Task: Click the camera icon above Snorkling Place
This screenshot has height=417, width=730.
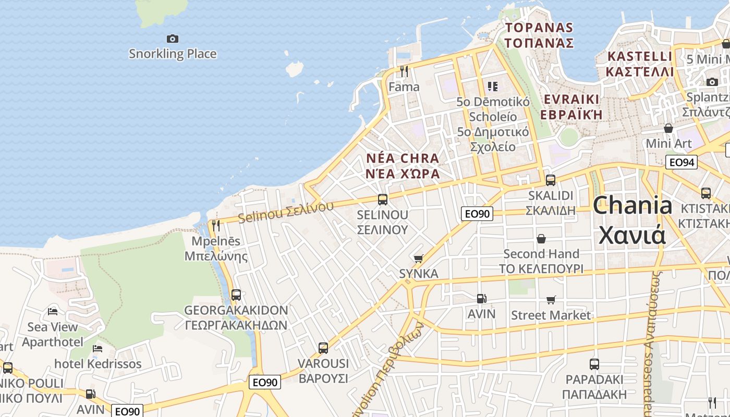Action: (x=173, y=39)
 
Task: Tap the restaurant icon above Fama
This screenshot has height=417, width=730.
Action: (x=404, y=71)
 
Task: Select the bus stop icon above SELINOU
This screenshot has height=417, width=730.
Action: (x=383, y=199)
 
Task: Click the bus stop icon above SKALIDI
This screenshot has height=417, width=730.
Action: (x=551, y=180)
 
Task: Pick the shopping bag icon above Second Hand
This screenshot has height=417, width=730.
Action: (x=541, y=239)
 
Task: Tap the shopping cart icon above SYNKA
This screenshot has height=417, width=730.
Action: (x=418, y=259)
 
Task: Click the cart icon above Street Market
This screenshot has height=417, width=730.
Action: (x=551, y=300)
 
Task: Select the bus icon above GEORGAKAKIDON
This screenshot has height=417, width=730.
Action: (x=236, y=295)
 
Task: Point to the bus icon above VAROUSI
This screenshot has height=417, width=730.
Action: (x=323, y=348)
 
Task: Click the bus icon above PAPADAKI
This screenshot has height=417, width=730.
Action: (x=594, y=364)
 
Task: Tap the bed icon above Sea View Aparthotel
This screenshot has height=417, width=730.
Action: (x=53, y=312)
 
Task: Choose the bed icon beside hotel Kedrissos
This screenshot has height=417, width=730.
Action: (x=98, y=348)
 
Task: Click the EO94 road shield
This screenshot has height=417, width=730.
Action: (x=682, y=162)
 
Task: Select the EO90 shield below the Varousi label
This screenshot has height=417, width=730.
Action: (x=265, y=382)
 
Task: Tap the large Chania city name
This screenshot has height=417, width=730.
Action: (x=632, y=219)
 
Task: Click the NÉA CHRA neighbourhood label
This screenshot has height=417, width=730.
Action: (x=403, y=166)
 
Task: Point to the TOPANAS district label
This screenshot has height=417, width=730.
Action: (x=539, y=35)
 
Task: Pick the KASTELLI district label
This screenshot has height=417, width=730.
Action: (x=640, y=64)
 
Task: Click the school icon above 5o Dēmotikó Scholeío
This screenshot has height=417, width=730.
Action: (x=493, y=86)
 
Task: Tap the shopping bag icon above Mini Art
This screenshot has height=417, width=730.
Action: (x=668, y=128)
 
